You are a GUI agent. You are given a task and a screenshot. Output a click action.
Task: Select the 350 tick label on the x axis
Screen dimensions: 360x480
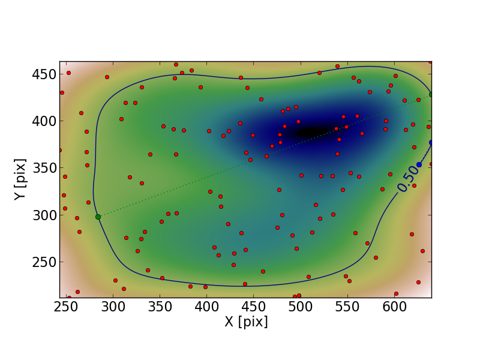click(x=159, y=308)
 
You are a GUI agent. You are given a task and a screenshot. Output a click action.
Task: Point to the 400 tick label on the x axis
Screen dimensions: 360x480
click(x=206, y=308)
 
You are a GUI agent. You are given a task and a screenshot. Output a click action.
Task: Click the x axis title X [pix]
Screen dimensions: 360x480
click(x=246, y=322)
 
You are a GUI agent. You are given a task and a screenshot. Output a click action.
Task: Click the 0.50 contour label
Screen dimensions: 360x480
click(x=407, y=179)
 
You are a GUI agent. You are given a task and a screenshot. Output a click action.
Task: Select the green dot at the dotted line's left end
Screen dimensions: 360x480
click(x=98, y=217)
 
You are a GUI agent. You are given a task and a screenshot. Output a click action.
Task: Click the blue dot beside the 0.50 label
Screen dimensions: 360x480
click(x=419, y=164)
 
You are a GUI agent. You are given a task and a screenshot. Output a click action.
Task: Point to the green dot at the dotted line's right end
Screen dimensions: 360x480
click(x=431, y=94)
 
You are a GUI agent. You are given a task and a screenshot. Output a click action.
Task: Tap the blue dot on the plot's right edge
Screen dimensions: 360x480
click(x=431, y=142)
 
